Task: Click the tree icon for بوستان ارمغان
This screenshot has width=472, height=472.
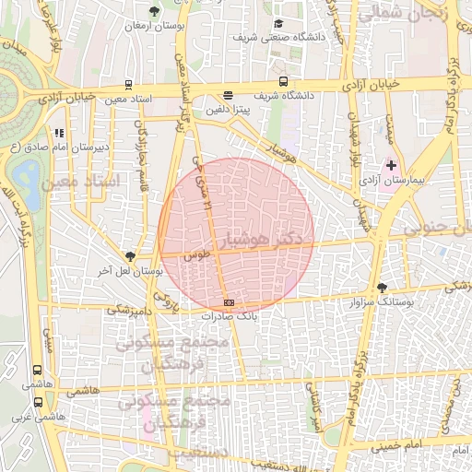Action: [x=154, y=12]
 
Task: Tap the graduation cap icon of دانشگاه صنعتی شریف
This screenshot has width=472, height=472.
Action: [x=278, y=24]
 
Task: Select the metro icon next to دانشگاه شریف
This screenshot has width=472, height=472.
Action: [x=283, y=81]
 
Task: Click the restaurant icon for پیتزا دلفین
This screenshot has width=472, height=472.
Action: [x=228, y=95]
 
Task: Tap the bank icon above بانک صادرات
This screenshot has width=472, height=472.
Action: [x=229, y=303]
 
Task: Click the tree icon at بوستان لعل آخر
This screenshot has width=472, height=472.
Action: [x=130, y=257]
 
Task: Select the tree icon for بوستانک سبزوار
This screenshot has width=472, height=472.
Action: [x=383, y=288]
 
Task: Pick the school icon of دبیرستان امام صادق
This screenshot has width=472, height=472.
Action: [x=60, y=133]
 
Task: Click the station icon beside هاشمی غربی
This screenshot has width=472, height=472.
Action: [x=38, y=402]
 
